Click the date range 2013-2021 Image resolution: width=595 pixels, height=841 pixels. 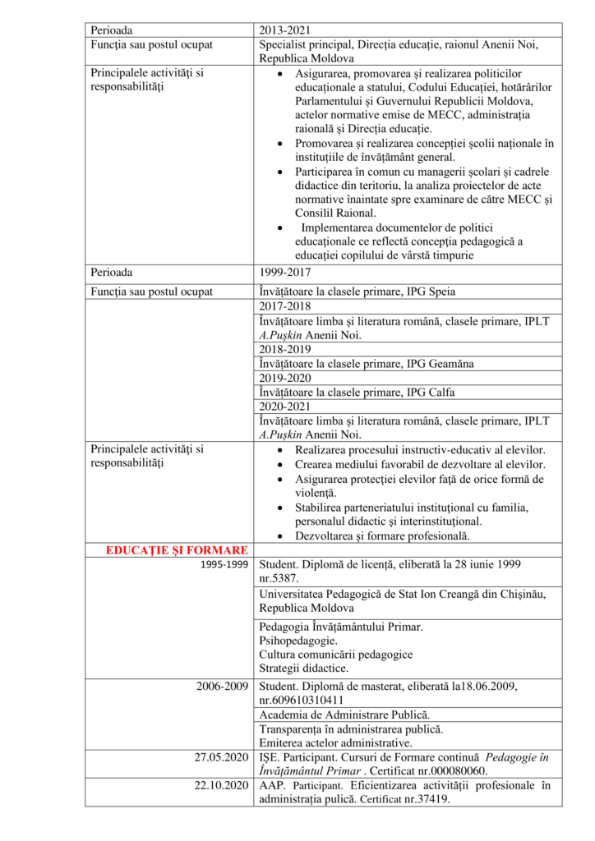click(284, 30)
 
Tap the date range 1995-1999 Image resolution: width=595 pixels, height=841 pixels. click(225, 565)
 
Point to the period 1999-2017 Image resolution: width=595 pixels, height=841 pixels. click(284, 271)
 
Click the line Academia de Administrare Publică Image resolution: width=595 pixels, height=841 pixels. click(344, 715)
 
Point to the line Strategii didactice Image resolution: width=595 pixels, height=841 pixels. click(303, 669)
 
